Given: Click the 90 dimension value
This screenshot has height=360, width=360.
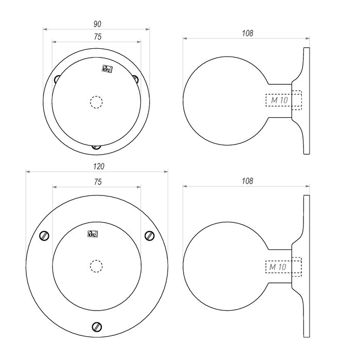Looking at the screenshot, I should pyautogui.click(x=97, y=24).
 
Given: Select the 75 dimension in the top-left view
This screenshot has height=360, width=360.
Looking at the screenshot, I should pyautogui.click(x=97, y=37).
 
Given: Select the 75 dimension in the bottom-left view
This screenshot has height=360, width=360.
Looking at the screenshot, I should pyautogui.click(x=98, y=182).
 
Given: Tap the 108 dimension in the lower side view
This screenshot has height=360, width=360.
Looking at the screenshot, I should pyautogui.click(x=247, y=181).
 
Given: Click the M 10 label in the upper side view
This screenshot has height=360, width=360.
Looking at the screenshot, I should pyautogui.click(x=279, y=101).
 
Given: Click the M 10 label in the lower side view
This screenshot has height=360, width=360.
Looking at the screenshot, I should pyautogui.click(x=278, y=267).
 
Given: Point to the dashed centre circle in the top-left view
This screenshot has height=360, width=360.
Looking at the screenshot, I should pyautogui.click(x=96, y=102).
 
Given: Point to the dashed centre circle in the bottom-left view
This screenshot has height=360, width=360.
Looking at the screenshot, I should pyautogui.click(x=96, y=266).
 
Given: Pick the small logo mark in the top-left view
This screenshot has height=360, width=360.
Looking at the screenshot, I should pyautogui.click(x=107, y=69).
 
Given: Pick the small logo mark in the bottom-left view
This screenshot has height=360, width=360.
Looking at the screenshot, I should pyautogui.click(x=93, y=234).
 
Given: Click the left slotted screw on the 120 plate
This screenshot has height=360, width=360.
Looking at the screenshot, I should pyautogui.click(x=45, y=236).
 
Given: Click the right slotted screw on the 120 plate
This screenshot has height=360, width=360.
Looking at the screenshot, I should pyautogui.click(x=150, y=236).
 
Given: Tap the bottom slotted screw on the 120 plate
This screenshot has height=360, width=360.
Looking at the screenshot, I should pyautogui.click(x=97, y=327).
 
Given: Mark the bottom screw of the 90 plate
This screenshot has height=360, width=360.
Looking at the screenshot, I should pyautogui.click(x=96, y=147).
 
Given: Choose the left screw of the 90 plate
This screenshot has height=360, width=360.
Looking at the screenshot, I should pyautogui.click(x=57, y=79).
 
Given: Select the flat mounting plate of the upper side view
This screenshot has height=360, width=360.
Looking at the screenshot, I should pyautogui.click(x=307, y=101).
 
